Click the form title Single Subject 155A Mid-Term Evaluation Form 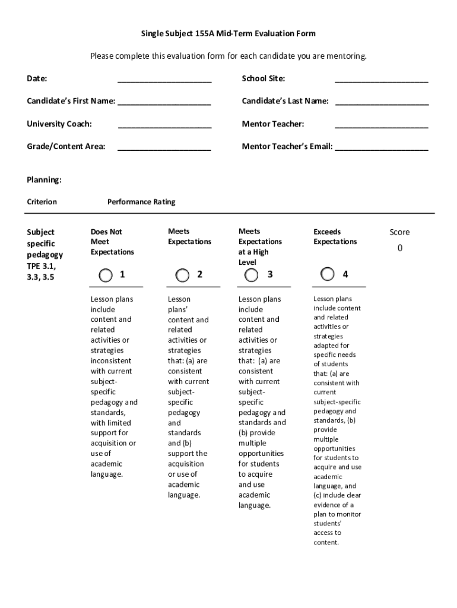[x=228, y=34]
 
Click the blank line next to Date [x=164, y=80]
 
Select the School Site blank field [x=381, y=80]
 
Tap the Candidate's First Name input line [x=164, y=102]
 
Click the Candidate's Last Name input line [x=382, y=102]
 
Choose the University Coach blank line [x=164, y=125]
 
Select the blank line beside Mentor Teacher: [x=381, y=125]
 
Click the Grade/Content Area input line [x=164, y=147]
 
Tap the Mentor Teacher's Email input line [x=381, y=147]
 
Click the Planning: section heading [x=44, y=180]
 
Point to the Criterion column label [x=42, y=202]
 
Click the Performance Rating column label [x=141, y=202]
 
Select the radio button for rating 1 [x=106, y=275]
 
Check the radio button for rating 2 [x=183, y=275]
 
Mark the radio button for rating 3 [x=252, y=275]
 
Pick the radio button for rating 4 [x=327, y=274]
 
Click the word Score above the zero [x=399, y=232]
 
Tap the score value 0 [x=399, y=248]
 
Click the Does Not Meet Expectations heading [x=112, y=242]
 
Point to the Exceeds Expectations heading [x=335, y=236]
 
